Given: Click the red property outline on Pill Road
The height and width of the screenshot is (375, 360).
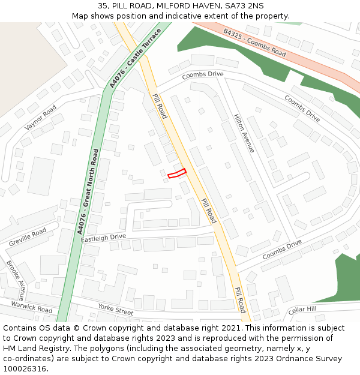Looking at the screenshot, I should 177,173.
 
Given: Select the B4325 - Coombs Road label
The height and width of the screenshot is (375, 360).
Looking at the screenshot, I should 254,43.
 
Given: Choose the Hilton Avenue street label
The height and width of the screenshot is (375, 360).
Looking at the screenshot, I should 244,133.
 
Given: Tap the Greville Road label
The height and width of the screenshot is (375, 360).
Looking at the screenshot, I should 28,237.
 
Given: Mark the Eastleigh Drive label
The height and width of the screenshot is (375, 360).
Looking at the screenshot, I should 104,238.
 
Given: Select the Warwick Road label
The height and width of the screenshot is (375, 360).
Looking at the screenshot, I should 32,307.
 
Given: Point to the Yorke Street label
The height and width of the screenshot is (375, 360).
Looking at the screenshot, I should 116,310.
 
